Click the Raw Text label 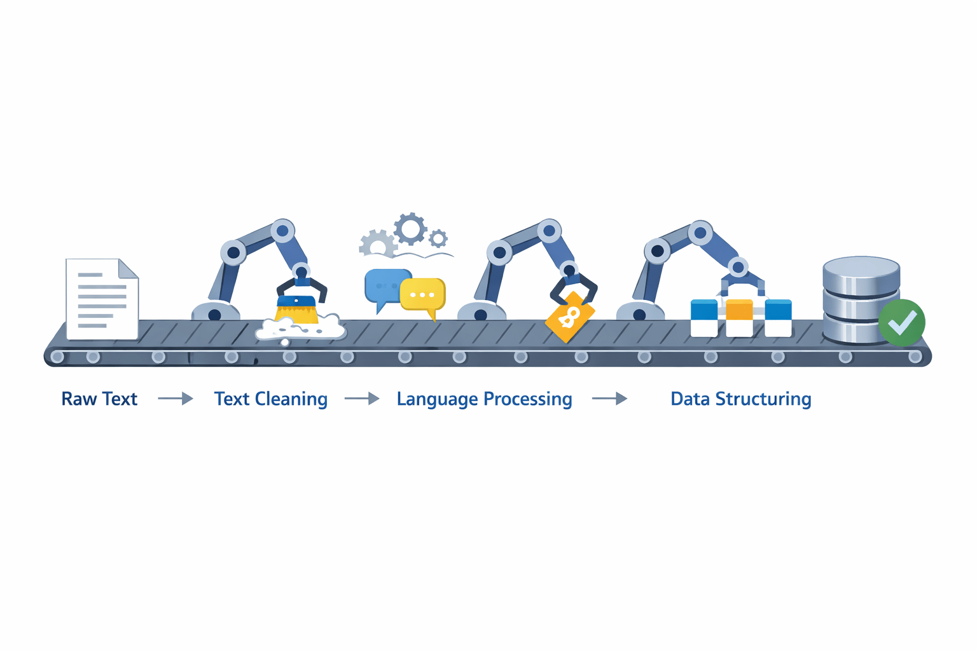coord(99,399)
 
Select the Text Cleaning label coord(270,399)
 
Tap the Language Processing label coord(484,399)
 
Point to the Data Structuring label coord(740,399)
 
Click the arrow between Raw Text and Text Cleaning coord(176,399)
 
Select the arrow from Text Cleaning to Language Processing coord(362,399)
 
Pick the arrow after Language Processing coord(609,399)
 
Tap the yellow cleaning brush coord(296,310)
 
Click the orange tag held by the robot coord(570,317)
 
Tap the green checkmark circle coord(901,323)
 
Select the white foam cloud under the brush coord(300,329)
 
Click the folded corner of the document coord(128,269)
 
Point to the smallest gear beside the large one coord(438,239)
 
